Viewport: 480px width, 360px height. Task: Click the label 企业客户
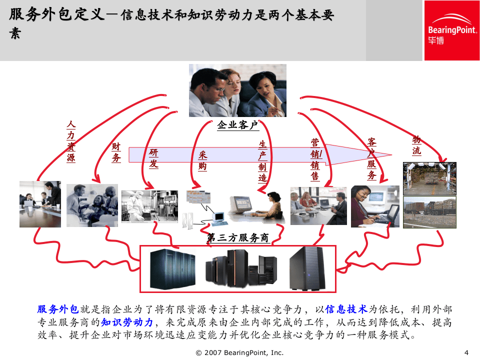click(237, 125)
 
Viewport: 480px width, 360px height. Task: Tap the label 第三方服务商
click(238, 238)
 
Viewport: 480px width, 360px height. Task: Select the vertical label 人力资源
click(70, 141)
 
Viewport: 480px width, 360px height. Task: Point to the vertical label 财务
click(116, 152)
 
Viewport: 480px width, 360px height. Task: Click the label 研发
click(153, 158)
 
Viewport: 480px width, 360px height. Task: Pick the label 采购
click(202, 161)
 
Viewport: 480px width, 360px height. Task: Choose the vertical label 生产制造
click(263, 161)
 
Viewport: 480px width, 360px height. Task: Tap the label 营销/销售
click(316, 159)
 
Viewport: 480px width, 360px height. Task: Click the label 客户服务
click(371, 158)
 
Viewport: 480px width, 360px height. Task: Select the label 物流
click(416, 145)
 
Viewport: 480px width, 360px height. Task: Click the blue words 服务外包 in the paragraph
click(58, 309)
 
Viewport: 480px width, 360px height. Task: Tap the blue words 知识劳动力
click(129, 322)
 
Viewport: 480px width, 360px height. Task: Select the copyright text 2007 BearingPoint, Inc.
click(240, 352)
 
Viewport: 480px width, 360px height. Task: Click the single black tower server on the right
click(306, 269)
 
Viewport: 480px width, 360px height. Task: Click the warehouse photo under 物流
click(429, 178)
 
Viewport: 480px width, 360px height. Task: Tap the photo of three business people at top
click(237, 90)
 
